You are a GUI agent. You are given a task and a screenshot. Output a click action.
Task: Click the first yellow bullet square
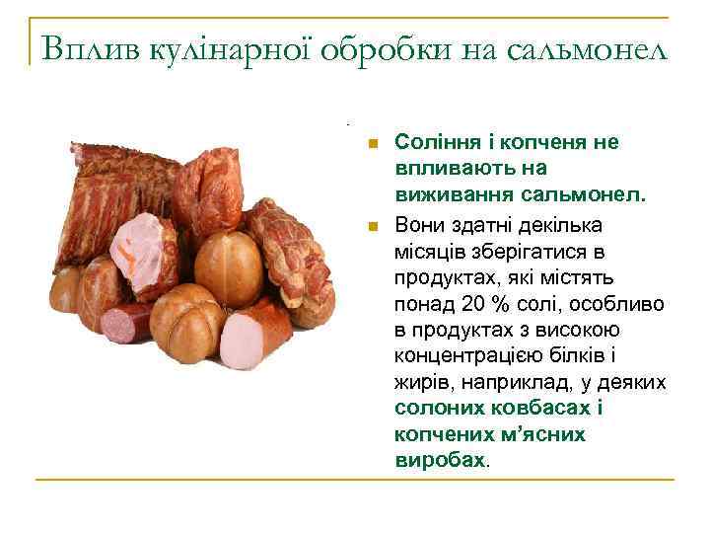click(x=372, y=144)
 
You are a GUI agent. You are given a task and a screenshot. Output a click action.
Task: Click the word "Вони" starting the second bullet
click(x=417, y=222)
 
